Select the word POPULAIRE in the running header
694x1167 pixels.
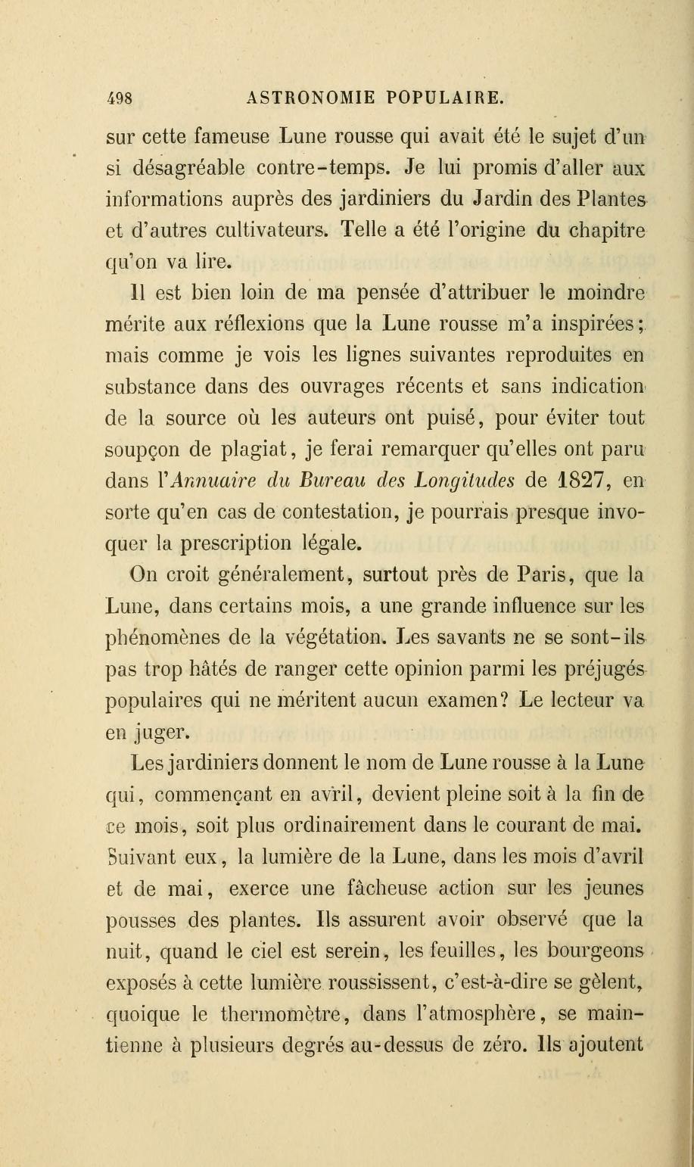443,98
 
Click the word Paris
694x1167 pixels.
548,574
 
